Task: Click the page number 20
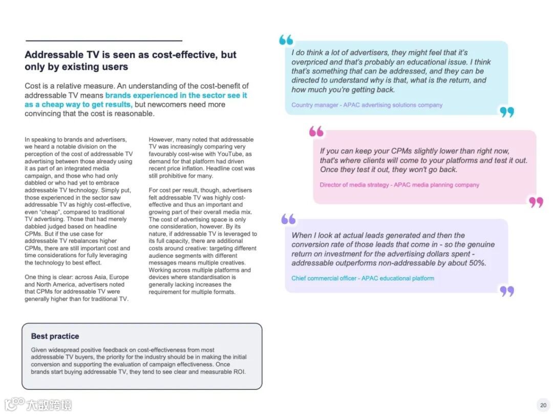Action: [543, 405]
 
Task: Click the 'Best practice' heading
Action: [55, 336]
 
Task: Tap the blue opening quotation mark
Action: [286, 40]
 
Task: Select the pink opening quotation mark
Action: [316, 132]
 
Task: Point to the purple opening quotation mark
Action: [288, 219]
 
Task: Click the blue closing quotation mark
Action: [507, 112]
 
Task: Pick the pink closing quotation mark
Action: [536, 202]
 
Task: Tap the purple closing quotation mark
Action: [507, 291]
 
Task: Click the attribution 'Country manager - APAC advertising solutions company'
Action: [367, 105]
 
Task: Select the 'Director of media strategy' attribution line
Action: [399, 185]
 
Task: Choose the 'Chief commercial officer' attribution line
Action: [363, 278]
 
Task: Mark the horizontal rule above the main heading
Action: [103, 40]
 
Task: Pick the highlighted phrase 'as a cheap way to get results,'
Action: [78, 105]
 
